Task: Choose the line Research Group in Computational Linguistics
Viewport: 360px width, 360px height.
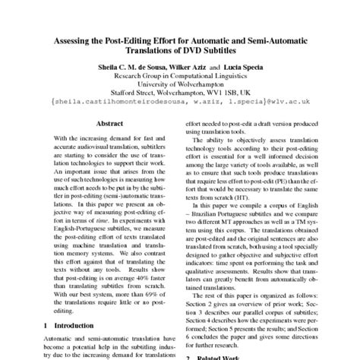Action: (x=180, y=76)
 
